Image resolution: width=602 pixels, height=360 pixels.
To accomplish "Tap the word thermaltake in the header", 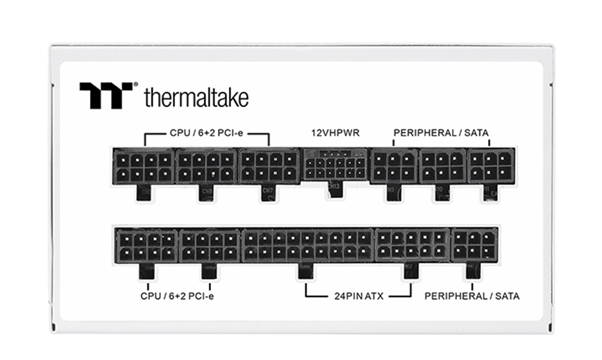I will point(196,98).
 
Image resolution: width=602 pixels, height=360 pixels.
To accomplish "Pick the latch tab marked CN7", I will point(267,193).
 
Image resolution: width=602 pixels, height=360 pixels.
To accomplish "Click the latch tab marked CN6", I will point(205,193).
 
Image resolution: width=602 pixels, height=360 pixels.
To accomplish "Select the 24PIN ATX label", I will point(358,296).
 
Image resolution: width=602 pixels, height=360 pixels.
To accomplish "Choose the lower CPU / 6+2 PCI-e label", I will point(177,296).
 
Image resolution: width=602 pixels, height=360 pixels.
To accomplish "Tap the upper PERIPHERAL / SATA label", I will point(441,133).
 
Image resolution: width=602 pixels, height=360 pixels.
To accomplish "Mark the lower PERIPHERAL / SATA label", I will point(472,296).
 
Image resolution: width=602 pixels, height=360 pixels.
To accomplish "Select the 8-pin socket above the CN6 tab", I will point(205,166).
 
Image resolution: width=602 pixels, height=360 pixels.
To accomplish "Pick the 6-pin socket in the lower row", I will point(474,245).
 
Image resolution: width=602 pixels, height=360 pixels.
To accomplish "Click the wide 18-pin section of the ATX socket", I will point(308,245).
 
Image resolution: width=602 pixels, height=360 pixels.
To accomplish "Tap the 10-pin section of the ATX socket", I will point(412,245).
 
